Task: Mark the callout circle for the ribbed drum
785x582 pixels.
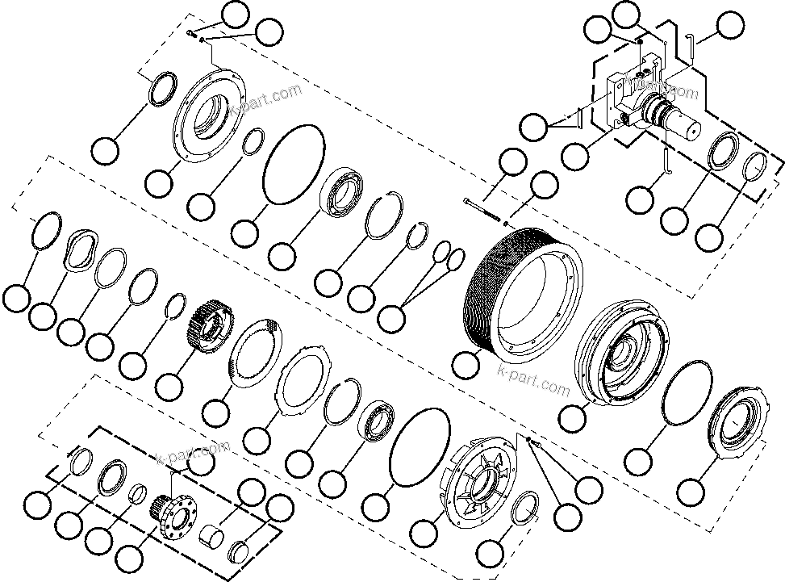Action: pos(465,364)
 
